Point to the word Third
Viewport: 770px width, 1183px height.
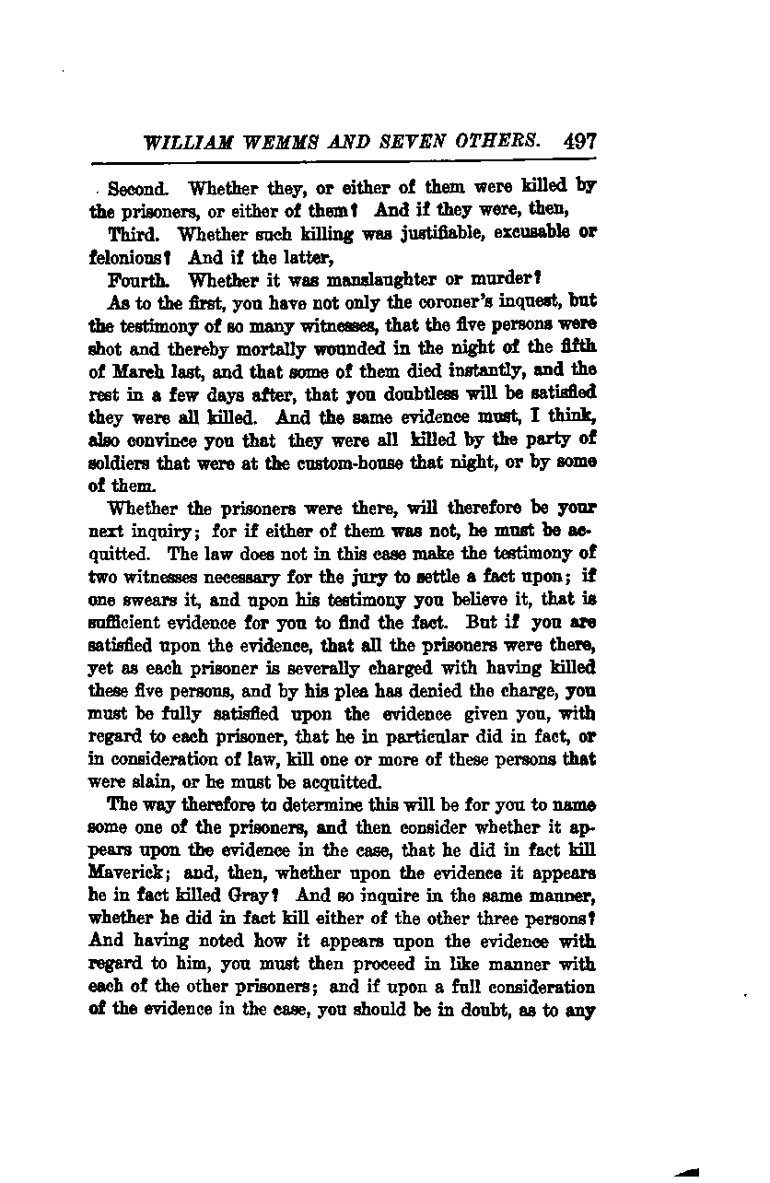(x=135, y=234)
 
